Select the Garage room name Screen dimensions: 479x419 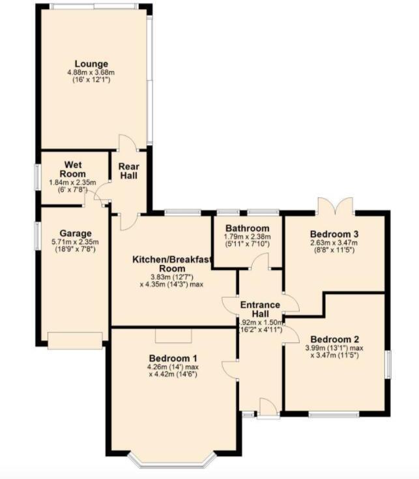coord(76,234)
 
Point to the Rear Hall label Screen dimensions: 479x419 coord(128,171)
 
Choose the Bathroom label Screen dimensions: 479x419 coord(247,228)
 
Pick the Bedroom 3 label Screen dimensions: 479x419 coord(335,234)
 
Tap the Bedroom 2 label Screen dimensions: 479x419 coord(335,339)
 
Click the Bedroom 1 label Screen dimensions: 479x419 coord(173,359)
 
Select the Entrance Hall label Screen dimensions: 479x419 coord(260,310)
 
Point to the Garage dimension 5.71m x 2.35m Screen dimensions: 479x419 coord(76,243)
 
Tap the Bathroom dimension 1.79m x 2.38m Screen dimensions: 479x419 coord(247,237)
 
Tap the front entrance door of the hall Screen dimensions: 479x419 coord(267,409)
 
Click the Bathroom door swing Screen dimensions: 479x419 coord(261,261)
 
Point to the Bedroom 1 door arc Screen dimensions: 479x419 coord(229,368)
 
